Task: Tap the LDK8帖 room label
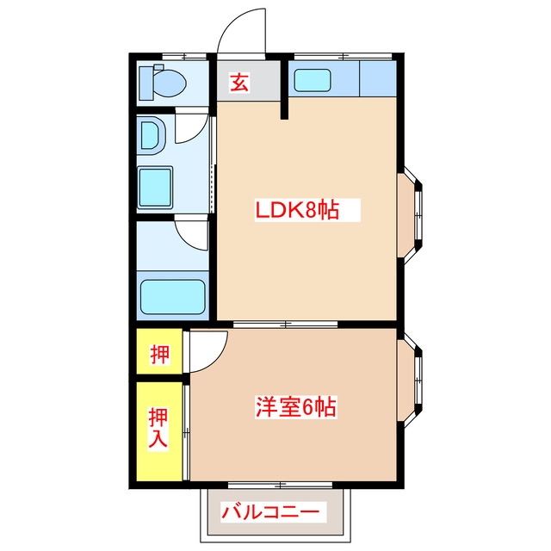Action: click(295, 209)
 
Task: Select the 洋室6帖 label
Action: click(295, 405)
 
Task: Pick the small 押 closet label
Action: click(159, 353)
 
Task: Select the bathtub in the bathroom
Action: click(172, 297)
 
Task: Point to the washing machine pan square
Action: click(157, 186)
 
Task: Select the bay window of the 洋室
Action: click(412, 381)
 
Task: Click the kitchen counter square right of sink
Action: click(378, 80)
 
